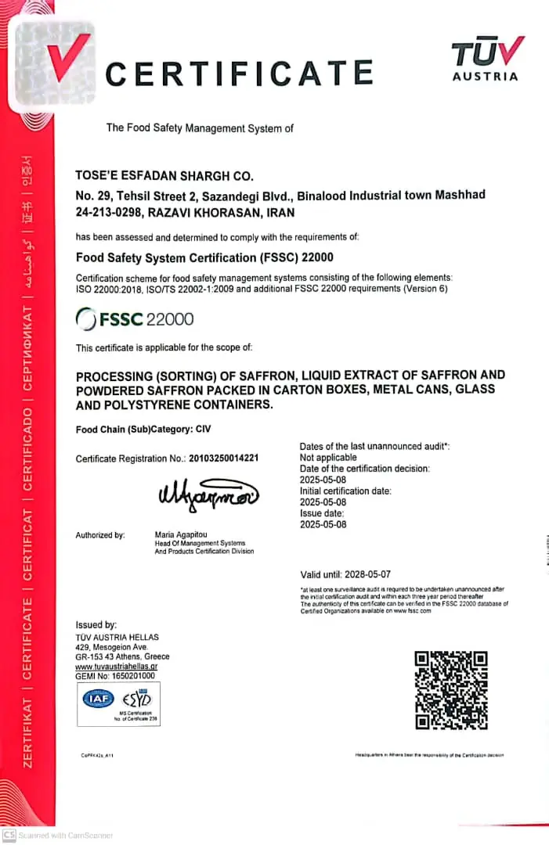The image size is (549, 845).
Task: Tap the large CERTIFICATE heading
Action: (239, 74)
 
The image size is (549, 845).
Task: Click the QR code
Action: (450, 690)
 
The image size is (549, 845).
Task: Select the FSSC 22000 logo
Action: (135, 319)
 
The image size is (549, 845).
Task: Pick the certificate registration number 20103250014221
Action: (223, 458)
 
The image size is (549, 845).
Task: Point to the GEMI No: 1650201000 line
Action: (115, 675)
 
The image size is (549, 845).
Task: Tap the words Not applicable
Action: (328, 457)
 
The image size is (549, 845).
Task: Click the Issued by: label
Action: (96, 624)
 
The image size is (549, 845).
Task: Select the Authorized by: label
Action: (100, 535)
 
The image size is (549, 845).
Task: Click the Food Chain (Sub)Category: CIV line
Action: (143, 429)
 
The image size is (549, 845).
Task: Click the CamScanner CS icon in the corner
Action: (9, 835)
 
